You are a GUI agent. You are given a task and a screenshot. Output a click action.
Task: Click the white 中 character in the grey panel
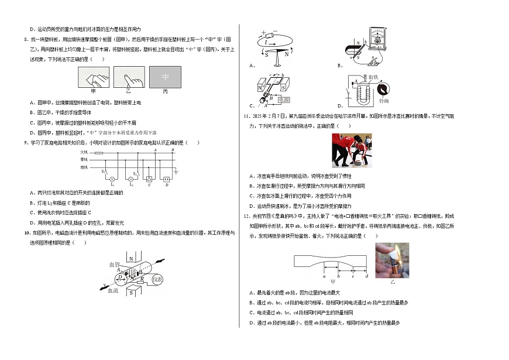pos(165,77)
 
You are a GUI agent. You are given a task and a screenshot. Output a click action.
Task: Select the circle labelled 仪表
pos(157,280)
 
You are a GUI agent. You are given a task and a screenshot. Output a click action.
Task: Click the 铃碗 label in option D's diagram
pos(384,101)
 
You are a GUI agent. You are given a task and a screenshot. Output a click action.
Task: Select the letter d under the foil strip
pos(366,276)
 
